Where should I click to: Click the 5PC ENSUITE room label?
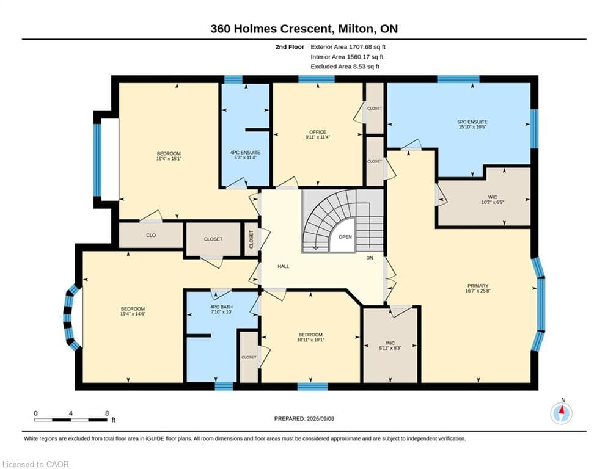pos(472,122)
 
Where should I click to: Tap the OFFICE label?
pos(318,132)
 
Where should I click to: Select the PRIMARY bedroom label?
pos(478,286)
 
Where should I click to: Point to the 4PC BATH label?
pos(221,307)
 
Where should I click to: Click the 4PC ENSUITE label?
pos(246,153)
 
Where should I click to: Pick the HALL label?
pos(284,266)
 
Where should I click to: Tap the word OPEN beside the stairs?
pos(345,237)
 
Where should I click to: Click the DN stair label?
pos(370,258)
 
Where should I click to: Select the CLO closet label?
pos(151,235)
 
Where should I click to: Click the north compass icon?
pos(561,413)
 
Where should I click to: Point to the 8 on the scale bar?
pos(107,413)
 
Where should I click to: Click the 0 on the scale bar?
pos(35,413)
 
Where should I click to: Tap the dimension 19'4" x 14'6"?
pos(133,314)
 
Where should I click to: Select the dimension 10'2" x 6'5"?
pos(493,202)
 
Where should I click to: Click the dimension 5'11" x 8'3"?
pos(390,348)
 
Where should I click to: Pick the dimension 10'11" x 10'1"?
pos(310,340)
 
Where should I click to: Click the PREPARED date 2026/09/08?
pos(320,418)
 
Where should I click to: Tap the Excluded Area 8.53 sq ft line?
pos(345,67)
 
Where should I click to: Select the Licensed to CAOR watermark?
pos(35,464)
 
